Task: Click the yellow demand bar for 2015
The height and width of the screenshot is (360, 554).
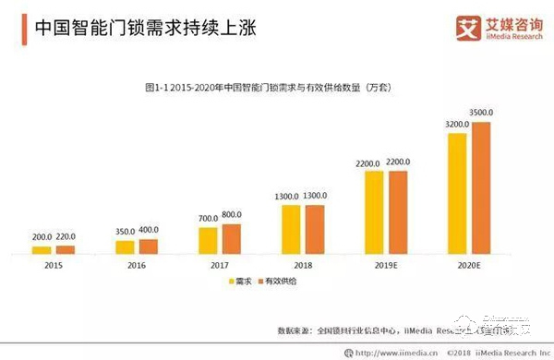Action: click(x=42, y=249)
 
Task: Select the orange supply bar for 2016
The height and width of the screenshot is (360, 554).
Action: click(x=148, y=246)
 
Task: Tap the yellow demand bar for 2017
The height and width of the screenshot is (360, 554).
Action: click(x=208, y=240)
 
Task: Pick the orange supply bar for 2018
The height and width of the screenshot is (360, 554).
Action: click(x=315, y=229)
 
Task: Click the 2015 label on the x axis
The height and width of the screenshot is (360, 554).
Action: click(x=54, y=264)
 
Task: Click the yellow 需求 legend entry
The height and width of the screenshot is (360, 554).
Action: click(x=243, y=281)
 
